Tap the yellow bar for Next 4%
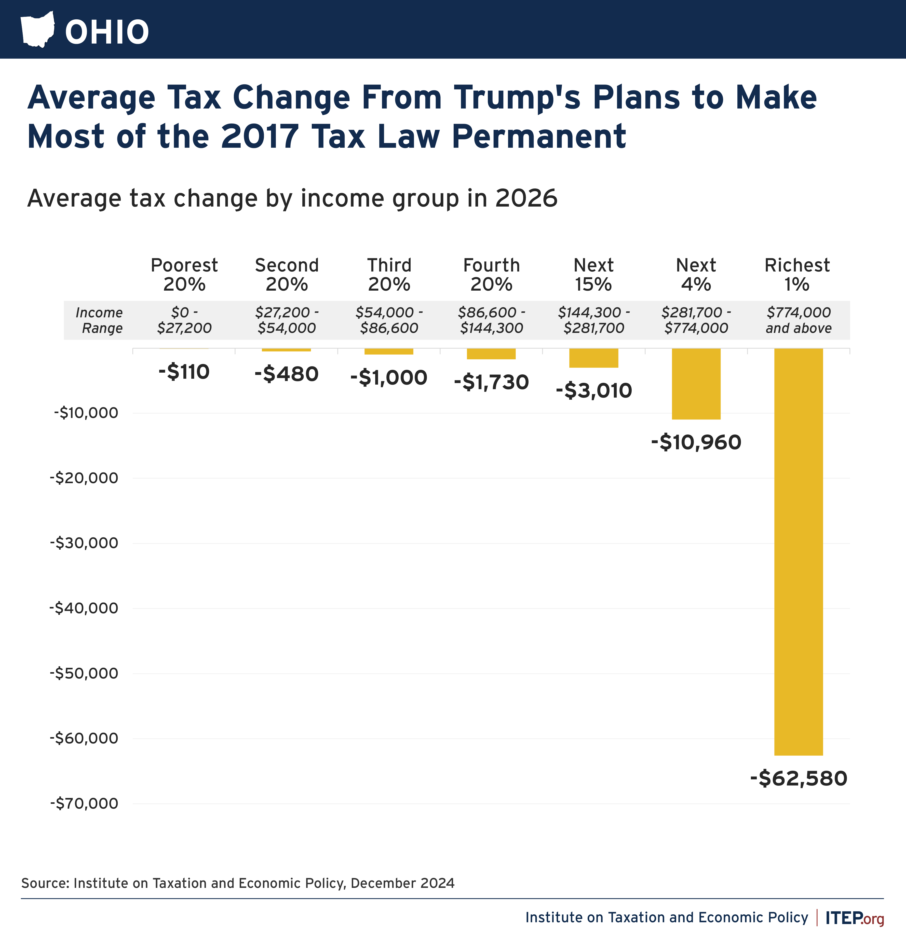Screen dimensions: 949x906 coord(696,384)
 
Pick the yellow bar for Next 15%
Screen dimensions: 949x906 coord(593,358)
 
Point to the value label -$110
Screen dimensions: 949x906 coord(184,372)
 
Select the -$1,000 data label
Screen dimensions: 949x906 coord(389,378)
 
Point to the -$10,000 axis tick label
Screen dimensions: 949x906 coord(86,413)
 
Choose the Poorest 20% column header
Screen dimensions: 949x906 coord(184,274)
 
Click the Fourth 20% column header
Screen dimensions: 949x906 coord(491,274)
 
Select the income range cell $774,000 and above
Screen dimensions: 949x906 coord(798,320)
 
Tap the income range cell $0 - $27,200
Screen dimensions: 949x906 coord(184,320)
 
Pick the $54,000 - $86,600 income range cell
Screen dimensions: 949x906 coord(389,320)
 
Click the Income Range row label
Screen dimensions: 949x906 coord(100,320)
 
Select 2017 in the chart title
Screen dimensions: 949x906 coord(259,137)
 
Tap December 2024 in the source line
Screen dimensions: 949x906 coord(402,883)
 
